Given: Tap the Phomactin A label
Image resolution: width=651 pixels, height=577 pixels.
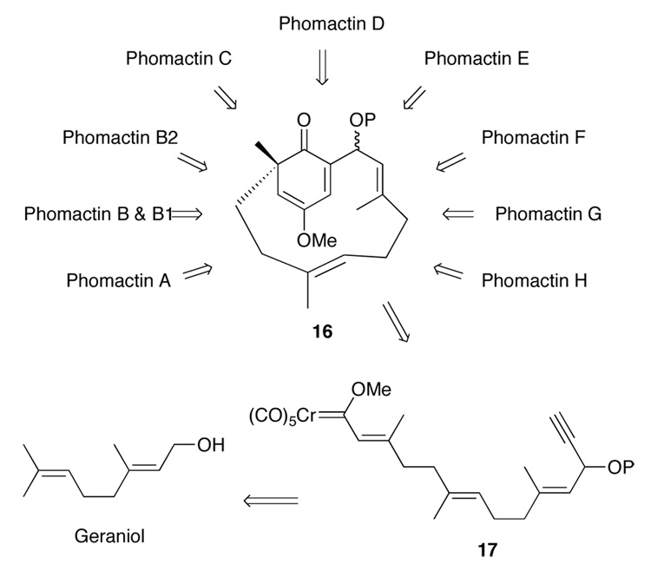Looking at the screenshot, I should (x=118, y=280).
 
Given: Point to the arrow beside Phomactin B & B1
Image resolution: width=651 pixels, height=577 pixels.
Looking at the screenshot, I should (x=186, y=213).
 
